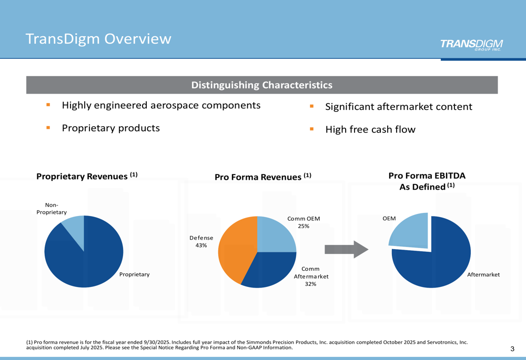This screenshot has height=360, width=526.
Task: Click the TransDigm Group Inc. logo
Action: (471, 45)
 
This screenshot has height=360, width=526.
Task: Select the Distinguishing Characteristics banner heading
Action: (261, 85)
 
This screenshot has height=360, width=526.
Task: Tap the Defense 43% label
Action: (201, 242)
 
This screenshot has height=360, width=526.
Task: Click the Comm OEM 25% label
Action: (304, 222)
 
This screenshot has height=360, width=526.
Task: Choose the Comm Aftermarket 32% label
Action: (311, 276)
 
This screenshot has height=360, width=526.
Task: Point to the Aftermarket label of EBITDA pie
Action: (483, 275)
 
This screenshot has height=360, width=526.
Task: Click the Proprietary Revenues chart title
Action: (87, 176)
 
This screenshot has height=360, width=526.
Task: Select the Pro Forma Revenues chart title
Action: (263, 177)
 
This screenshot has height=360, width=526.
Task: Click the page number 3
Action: (512, 349)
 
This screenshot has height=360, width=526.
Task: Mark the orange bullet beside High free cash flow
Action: (311, 129)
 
